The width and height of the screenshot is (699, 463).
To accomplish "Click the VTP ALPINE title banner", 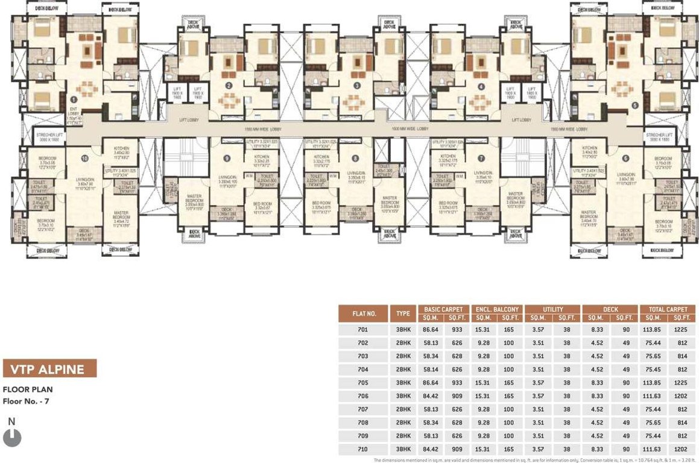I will coord(49,369).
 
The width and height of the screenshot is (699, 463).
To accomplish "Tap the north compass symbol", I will coord(12,436).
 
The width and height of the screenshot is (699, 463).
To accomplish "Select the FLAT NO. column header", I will coord(364,313).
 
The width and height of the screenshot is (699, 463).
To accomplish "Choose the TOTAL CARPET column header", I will coord(668,309).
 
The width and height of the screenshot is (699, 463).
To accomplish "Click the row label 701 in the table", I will coord(362,330).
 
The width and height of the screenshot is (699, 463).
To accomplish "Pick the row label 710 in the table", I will coord(362,449).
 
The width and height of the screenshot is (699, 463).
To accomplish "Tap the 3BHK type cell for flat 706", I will coord(403,396).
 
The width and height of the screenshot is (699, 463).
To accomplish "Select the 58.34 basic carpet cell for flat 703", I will coord(434,357).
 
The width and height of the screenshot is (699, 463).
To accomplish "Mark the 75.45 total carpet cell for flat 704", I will coord(653,370).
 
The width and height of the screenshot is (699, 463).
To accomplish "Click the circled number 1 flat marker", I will coord(74,99).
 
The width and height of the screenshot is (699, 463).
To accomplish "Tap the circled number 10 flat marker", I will coord(84,159).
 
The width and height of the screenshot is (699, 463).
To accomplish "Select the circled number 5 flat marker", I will coord(634,105).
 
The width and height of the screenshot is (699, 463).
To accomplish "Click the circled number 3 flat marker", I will coord(357,86).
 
